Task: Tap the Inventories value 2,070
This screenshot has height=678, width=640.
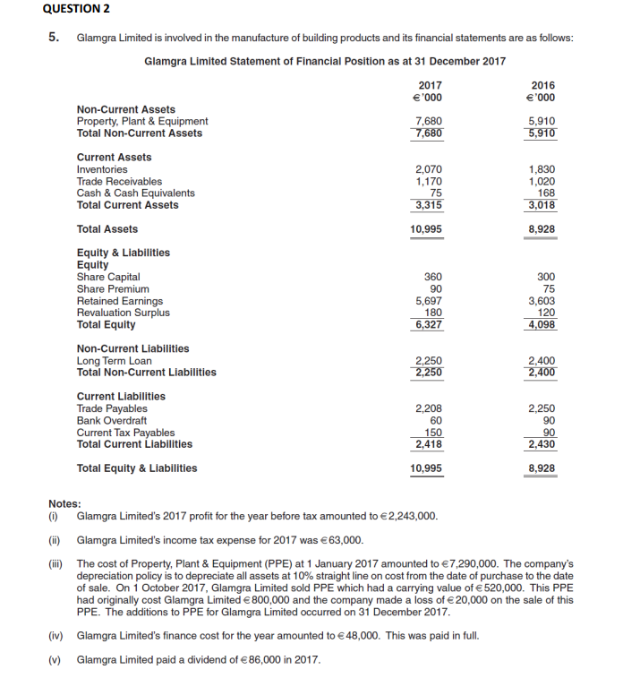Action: (429, 169)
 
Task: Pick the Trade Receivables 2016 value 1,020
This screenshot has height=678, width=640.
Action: (542, 181)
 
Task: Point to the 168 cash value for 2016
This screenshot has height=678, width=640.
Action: (546, 193)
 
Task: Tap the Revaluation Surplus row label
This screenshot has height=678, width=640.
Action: (123, 313)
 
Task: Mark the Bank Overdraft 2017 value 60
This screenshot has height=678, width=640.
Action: (436, 420)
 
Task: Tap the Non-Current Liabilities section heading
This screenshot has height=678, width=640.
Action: (132, 348)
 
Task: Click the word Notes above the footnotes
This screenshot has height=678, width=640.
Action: (64, 503)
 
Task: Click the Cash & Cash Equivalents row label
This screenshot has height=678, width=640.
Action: (135, 193)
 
